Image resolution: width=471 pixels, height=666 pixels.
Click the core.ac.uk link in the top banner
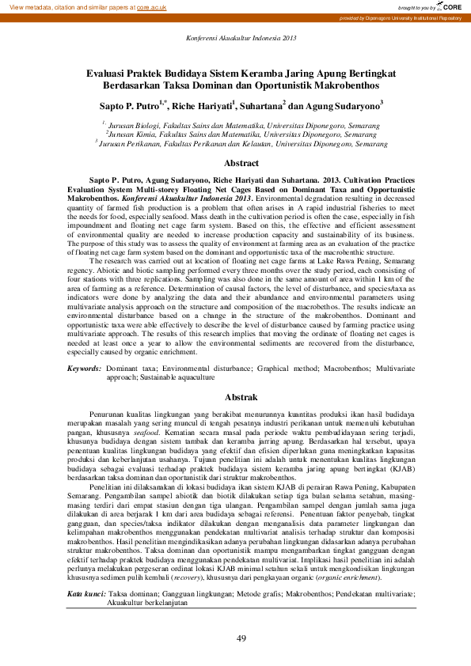(152, 6)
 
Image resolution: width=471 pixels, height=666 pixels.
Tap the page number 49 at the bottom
(242, 638)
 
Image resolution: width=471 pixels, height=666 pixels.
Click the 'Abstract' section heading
(241, 163)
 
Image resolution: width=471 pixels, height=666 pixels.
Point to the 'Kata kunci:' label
(86, 593)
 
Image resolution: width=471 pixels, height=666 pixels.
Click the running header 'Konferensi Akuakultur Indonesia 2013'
(241, 38)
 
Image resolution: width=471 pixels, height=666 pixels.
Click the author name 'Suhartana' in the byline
(260, 104)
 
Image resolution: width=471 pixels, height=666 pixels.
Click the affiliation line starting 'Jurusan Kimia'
(241, 134)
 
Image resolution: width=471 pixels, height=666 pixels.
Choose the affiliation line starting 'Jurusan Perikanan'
(241, 144)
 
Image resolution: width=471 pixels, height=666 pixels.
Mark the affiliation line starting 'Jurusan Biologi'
(241, 125)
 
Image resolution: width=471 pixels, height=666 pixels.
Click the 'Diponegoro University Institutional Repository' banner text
(411, 17)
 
